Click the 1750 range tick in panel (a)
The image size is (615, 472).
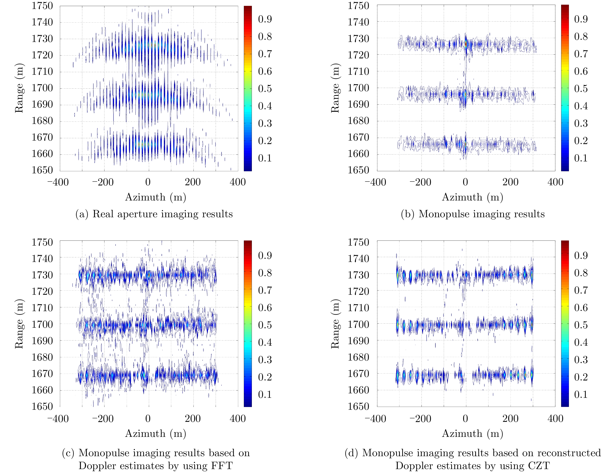[42, 6]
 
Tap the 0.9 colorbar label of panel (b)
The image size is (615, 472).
[581, 19]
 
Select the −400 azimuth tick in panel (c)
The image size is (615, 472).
[58, 419]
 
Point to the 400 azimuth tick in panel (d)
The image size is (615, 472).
[555, 419]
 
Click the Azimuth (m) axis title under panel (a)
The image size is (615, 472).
[155, 197]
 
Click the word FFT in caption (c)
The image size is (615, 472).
[222, 466]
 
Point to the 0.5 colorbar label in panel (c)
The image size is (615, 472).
[265, 325]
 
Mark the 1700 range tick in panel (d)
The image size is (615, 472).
[358, 324]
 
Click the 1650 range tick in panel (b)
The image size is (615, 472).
[358, 170]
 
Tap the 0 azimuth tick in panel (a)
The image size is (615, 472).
[148, 182]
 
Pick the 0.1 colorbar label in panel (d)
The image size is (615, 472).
[581, 395]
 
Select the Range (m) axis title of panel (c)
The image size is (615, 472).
[19, 324]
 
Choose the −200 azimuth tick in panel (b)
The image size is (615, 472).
[420, 182]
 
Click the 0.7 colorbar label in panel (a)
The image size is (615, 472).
[265, 54]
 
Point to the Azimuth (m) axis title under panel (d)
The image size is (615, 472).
[472, 434]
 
